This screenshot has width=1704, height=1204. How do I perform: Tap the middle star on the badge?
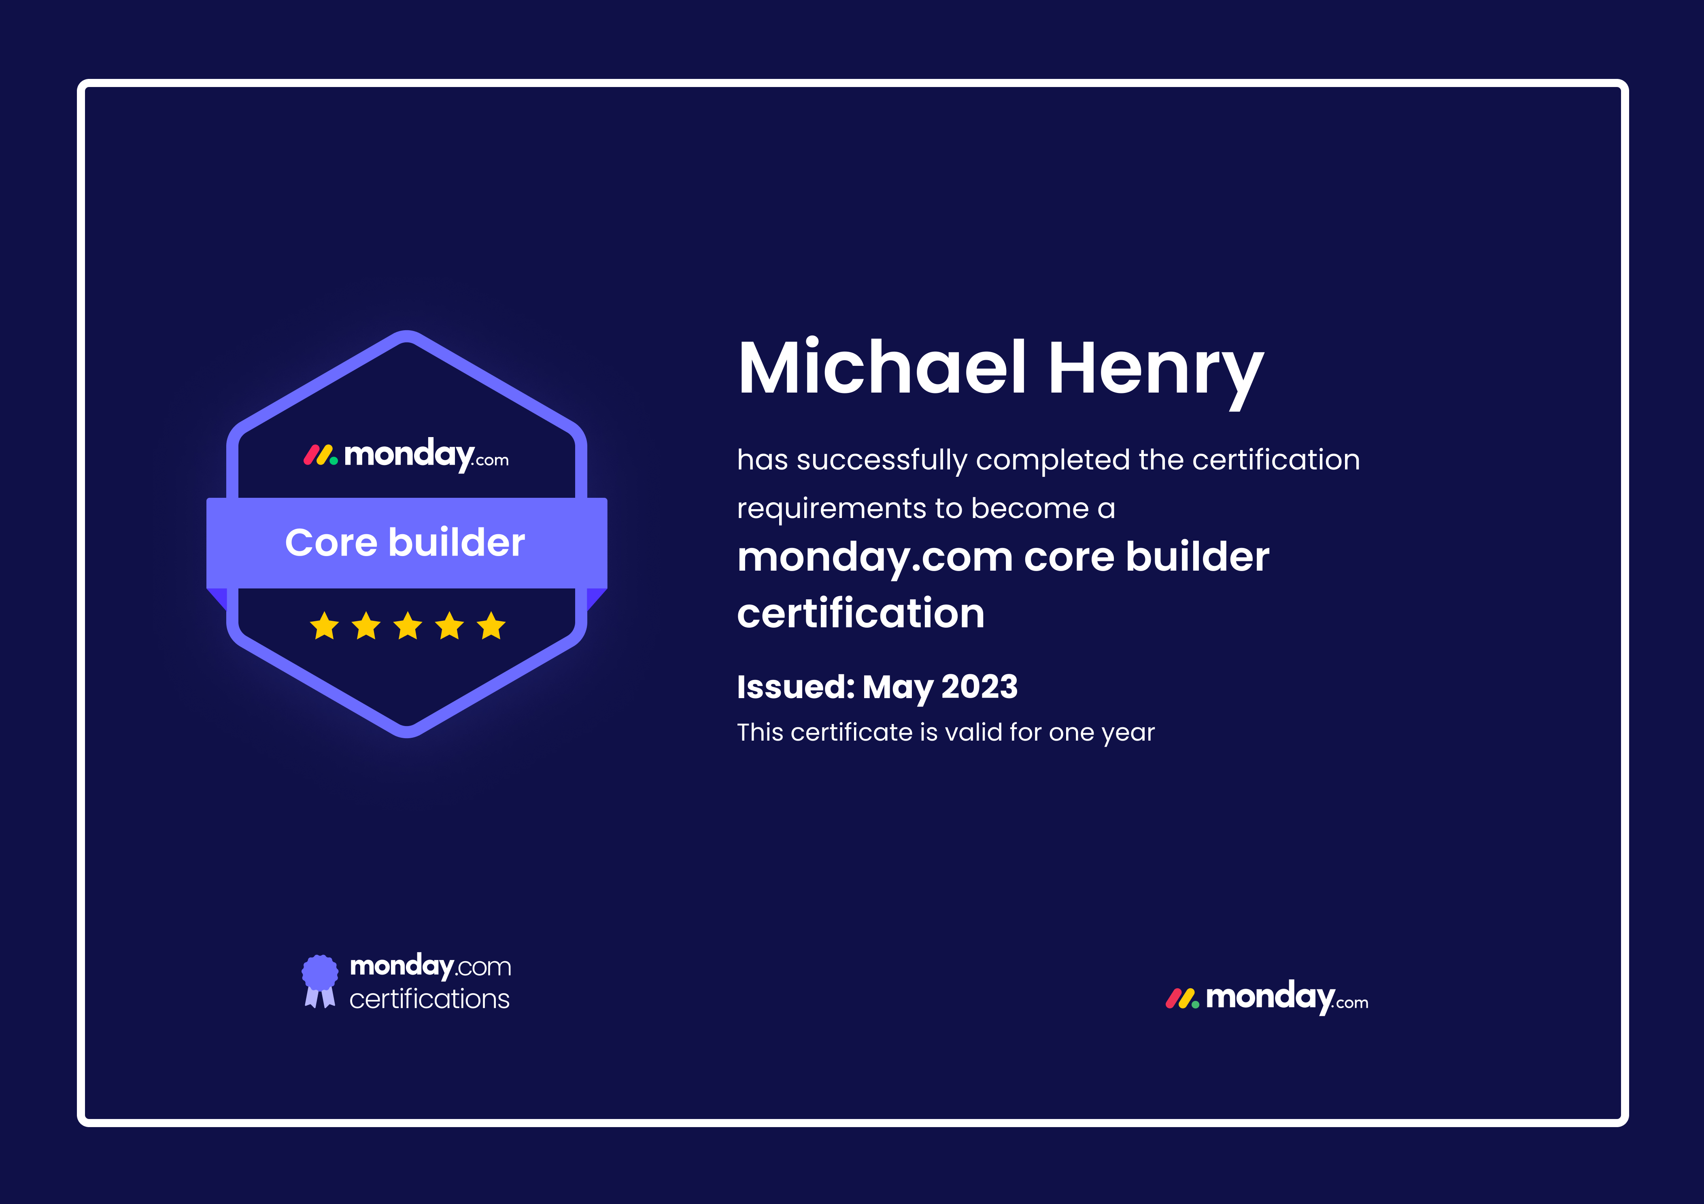pos(408,626)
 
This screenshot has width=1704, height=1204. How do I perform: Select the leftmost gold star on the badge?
pos(324,626)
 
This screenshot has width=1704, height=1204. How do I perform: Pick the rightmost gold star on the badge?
pos(491,626)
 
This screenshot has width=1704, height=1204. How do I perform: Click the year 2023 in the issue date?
pos(979,687)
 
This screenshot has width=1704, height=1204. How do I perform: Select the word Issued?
pos(796,687)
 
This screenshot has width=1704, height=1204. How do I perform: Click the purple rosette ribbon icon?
pos(320,981)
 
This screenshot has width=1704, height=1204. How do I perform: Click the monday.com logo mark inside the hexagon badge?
pos(321,455)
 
